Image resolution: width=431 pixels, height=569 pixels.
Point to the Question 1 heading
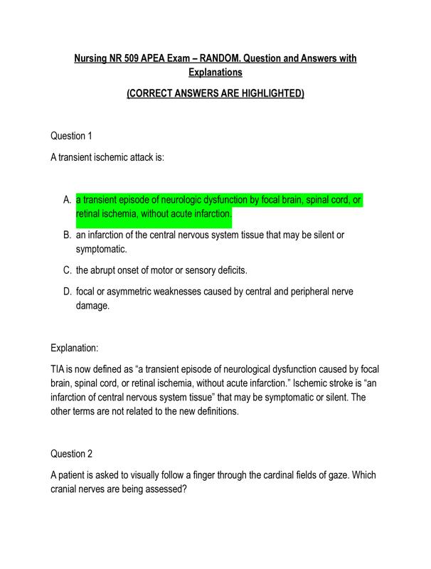coord(72,135)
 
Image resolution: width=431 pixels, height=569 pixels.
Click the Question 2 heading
coord(72,453)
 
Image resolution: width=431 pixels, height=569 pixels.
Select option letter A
coord(67,200)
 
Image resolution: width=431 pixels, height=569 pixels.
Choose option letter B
coord(67,234)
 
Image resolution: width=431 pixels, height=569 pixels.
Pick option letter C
coord(67,270)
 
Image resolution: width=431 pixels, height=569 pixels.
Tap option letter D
coord(67,291)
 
